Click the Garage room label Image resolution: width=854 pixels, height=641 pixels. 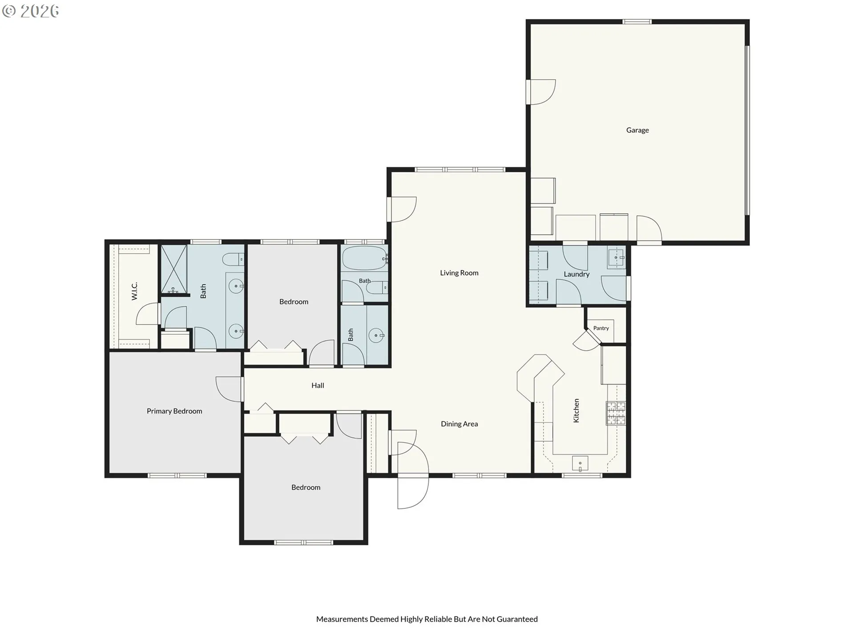637,130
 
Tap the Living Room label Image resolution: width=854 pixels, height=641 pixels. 459,273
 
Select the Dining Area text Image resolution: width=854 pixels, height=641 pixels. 459,424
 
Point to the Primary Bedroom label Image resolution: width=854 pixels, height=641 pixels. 174,411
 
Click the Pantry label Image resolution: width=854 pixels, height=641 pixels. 601,328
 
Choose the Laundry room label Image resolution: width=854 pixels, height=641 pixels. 576,274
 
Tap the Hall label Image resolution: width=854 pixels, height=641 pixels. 318,385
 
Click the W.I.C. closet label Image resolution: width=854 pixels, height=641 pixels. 134,291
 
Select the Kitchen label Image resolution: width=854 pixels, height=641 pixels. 576,410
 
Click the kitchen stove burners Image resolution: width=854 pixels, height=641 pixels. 616,414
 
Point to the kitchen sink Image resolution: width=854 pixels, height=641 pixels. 580,463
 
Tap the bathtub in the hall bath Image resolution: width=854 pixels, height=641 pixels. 364,258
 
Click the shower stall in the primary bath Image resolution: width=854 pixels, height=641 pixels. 173,269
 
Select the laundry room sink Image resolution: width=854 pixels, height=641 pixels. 616,258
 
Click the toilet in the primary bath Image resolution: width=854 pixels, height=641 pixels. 233,259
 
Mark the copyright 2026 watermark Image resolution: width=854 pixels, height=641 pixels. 31,11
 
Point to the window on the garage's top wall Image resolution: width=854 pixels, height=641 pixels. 636,21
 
